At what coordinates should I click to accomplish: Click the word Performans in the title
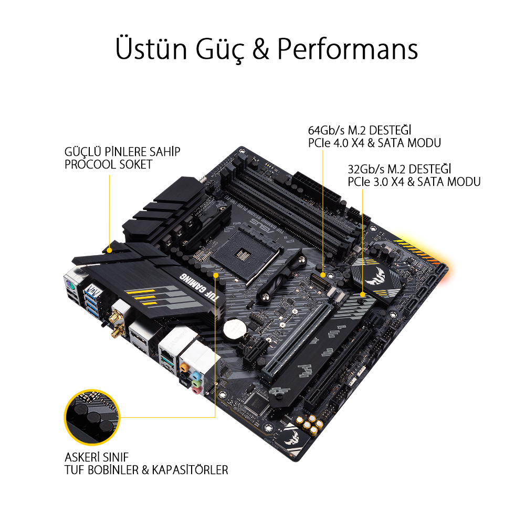pos(348,49)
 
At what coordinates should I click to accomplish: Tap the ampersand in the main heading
pos(261,48)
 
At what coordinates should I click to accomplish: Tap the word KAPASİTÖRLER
pos(190,470)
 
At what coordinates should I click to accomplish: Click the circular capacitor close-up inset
pos(92,417)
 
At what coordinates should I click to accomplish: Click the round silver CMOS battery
pos(234,328)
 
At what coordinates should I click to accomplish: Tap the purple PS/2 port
pos(70,286)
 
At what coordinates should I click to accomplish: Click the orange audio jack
pos(184,367)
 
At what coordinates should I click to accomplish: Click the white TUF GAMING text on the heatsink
pos(199,287)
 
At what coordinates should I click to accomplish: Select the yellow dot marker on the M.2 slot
pos(323,275)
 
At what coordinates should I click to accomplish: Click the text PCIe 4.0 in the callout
pos(328,143)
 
